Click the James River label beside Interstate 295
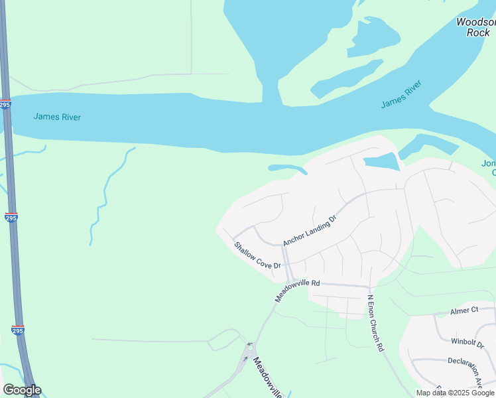pos(57,117)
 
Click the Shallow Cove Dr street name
pos(257,255)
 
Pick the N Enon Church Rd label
pos(375,322)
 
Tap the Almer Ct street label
pos(464,310)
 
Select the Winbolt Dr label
pos(468,343)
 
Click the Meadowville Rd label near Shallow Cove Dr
pos(298,291)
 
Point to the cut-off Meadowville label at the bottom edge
pos(268,377)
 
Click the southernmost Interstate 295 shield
pos(19,330)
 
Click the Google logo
pos(22,390)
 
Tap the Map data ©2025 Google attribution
pos(454,393)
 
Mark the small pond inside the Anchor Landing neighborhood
pos(381,161)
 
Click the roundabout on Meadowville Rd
pos(249,345)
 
